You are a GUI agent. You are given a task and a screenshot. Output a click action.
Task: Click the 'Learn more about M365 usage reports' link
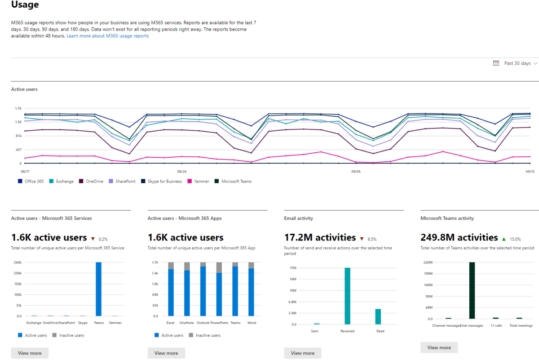[107, 36]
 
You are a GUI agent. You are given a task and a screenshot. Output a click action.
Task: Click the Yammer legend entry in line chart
[199, 182]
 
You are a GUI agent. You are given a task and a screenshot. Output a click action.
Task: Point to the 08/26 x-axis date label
[181, 171]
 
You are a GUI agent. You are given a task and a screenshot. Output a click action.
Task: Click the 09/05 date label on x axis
[356, 171]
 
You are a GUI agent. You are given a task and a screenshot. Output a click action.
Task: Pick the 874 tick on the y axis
[18, 136]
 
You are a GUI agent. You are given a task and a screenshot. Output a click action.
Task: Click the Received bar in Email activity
[347, 296]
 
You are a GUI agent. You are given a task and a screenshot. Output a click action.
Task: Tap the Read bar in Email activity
[378, 316]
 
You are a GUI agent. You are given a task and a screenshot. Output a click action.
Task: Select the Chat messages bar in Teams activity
[472, 290]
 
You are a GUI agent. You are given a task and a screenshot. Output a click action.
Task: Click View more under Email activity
[302, 353]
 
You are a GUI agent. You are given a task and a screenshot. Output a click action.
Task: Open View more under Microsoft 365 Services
[30, 353]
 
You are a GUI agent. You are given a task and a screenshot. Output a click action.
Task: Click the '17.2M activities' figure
[319, 237]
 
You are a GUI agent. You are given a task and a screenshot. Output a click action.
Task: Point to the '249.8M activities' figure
[459, 237]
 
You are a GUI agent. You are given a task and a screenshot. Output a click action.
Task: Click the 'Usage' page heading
[25, 5]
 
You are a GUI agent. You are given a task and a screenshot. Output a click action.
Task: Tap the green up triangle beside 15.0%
[504, 239]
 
